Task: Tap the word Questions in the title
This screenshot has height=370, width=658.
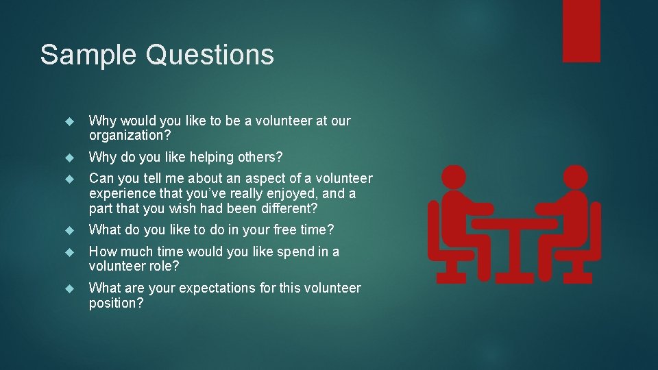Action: pyautogui.click(x=210, y=55)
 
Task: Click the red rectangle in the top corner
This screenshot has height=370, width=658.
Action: pyautogui.click(x=581, y=31)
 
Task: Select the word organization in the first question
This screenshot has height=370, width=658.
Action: pyautogui.click(x=126, y=135)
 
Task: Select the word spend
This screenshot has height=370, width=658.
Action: pyautogui.click(x=293, y=251)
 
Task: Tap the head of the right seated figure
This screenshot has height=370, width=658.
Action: pyautogui.click(x=573, y=177)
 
